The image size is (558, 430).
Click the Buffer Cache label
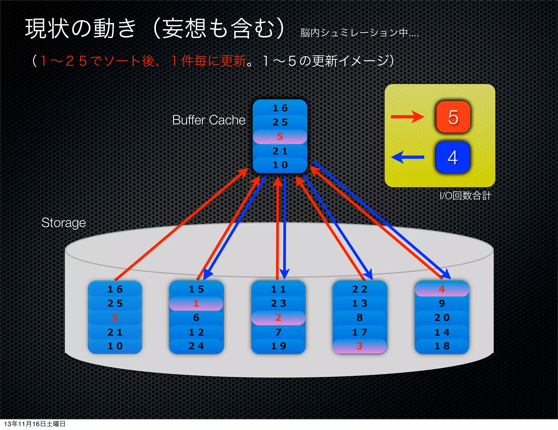tap(209, 120)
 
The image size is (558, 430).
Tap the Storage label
tap(63, 223)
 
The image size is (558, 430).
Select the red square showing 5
tap(453, 117)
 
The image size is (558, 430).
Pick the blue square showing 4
tap(453, 157)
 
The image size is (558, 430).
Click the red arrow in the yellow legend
tap(407, 117)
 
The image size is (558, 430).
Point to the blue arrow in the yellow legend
tap(408, 157)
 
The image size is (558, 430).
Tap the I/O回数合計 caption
tap(465, 196)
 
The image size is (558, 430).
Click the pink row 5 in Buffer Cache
tap(280, 136)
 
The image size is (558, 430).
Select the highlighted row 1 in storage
tap(196, 303)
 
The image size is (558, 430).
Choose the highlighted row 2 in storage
tap(278, 318)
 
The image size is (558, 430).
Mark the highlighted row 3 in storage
tap(360, 346)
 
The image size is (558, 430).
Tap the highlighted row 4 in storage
tap(442, 289)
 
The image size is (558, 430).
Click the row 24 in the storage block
tap(196, 346)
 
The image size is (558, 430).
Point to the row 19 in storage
tap(278, 346)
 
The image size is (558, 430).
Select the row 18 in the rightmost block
tap(442, 346)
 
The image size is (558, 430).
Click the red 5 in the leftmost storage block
tap(115, 318)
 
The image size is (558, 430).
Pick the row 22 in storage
tap(360, 289)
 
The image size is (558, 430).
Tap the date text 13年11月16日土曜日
tap(35, 424)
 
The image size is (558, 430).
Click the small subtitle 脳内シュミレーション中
tap(359, 33)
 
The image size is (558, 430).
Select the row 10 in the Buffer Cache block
tap(280, 165)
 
